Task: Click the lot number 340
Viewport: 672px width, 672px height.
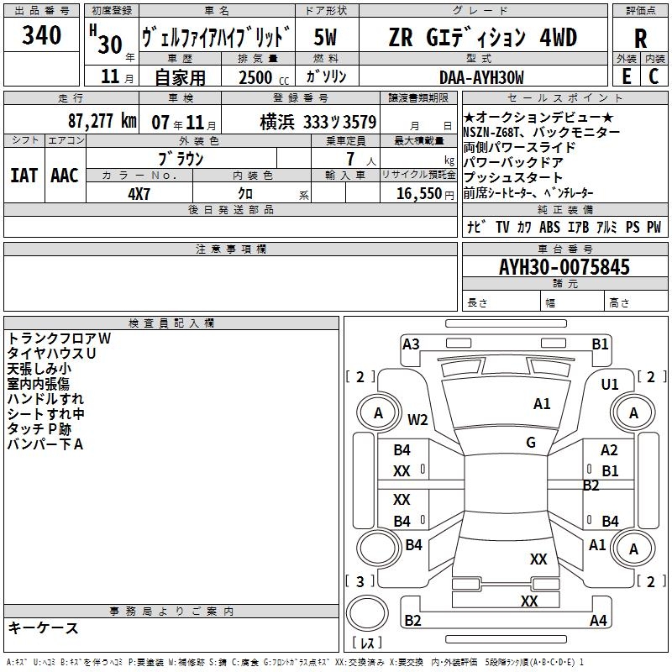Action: coord(41,36)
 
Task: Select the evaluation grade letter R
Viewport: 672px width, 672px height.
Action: coord(640,39)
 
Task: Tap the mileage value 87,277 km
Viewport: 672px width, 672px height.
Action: coord(102,121)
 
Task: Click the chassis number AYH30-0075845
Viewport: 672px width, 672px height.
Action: coord(564,267)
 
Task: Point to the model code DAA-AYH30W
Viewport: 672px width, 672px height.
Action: coord(481,77)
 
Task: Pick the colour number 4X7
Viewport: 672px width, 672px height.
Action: coord(139,192)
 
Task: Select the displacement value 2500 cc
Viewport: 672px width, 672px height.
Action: coord(255,77)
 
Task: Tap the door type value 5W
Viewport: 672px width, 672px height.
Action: coord(327,37)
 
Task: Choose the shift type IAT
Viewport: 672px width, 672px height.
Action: coord(24,176)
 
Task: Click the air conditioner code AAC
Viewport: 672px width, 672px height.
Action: coord(65,176)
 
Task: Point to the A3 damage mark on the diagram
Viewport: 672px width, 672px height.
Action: coord(411,344)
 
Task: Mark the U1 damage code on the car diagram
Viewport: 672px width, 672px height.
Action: coord(610,384)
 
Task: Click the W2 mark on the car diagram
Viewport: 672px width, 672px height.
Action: coord(417,419)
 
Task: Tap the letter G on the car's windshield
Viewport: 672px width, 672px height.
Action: coord(531,442)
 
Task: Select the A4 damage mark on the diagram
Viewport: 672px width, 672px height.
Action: coord(598,621)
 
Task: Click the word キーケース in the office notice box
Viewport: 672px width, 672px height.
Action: coord(44,627)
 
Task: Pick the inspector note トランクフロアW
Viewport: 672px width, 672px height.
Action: coord(59,339)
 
